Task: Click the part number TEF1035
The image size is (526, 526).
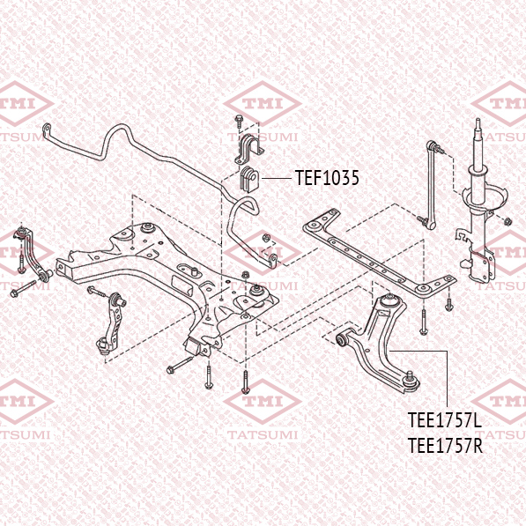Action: click(327, 177)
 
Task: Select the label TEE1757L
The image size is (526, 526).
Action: click(445, 420)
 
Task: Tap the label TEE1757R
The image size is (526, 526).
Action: click(445, 446)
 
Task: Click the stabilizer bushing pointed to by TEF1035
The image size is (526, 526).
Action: click(249, 179)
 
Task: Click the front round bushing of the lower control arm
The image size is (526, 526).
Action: click(343, 340)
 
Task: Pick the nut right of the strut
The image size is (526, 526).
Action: click(507, 221)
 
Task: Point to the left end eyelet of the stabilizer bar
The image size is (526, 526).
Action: click(47, 129)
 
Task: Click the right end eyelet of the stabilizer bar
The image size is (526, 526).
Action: click(273, 261)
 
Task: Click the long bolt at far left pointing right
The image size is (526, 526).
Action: click(23, 288)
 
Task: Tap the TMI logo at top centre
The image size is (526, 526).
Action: click(263, 104)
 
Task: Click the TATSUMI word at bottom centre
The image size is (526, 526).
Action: click(263, 434)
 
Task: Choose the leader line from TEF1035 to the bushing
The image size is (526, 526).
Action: click(276, 179)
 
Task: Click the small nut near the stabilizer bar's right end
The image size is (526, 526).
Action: click(265, 238)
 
